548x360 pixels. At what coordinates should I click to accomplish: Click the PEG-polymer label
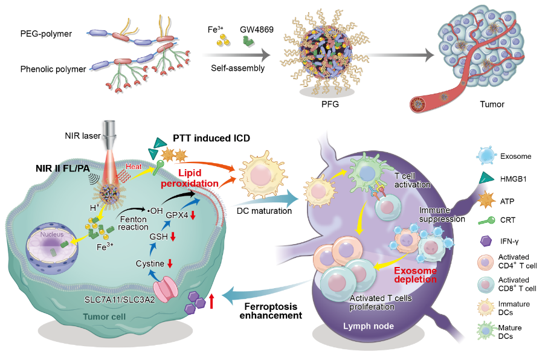pos(45,34)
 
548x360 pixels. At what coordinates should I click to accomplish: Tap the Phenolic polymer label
pos(53,69)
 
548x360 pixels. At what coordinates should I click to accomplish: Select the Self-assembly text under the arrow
pos(238,68)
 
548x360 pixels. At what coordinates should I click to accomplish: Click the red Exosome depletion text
pos(416,275)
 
